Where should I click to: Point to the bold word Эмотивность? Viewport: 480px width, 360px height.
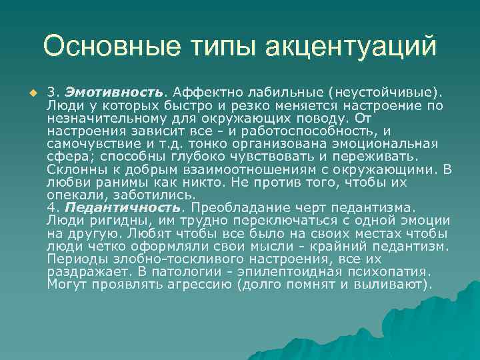point(123,90)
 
